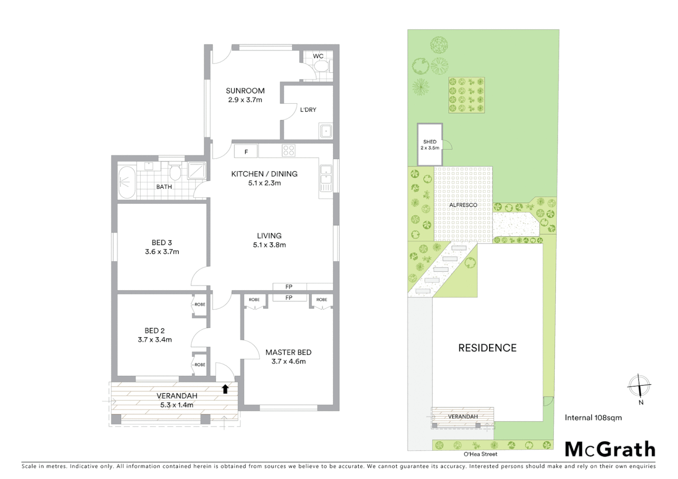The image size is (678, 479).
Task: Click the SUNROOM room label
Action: tap(245, 91)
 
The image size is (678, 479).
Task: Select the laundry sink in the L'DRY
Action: tap(326, 131)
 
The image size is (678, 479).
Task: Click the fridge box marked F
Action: tap(246, 152)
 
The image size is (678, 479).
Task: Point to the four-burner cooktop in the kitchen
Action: tap(288, 151)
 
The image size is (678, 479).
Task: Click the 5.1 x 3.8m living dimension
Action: tap(269, 245)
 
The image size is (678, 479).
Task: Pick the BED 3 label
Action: tap(162, 243)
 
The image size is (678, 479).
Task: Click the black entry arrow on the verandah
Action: tap(225, 389)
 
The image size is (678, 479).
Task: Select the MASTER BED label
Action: tap(288, 352)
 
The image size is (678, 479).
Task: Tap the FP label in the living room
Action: tap(289, 287)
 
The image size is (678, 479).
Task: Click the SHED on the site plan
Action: tap(430, 144)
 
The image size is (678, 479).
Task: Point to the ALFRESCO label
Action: tap(463, 205)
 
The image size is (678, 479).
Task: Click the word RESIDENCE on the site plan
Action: tap(487, 348)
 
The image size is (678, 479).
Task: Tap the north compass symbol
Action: tap(639, 386)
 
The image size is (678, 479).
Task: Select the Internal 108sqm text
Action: tap(593, 417)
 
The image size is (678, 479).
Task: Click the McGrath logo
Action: tap(610, 449)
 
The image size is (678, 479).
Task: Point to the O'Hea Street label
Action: tap(480, 454)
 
